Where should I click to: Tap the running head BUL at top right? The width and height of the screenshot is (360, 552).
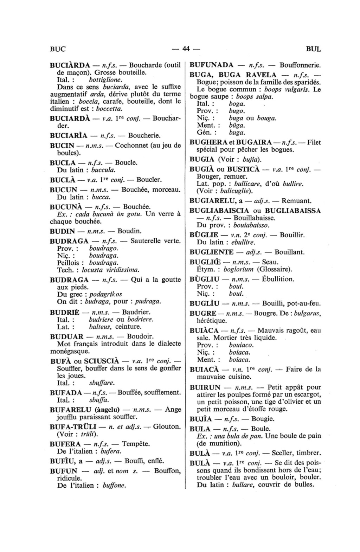coord(314,49)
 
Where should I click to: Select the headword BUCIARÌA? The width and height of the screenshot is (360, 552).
coord(69,135)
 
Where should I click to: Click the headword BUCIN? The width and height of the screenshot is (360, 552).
coord(62,146)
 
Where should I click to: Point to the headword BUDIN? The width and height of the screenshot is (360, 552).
coord(63,231)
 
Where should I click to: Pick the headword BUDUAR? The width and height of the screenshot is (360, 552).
coord(67,336)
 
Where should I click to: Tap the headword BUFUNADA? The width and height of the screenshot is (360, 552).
coord(212,65)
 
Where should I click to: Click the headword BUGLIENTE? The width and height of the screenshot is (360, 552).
coord(211,252)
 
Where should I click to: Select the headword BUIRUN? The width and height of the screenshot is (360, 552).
coord(205,387)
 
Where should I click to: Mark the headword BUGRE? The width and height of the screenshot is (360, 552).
coord(203,313)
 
